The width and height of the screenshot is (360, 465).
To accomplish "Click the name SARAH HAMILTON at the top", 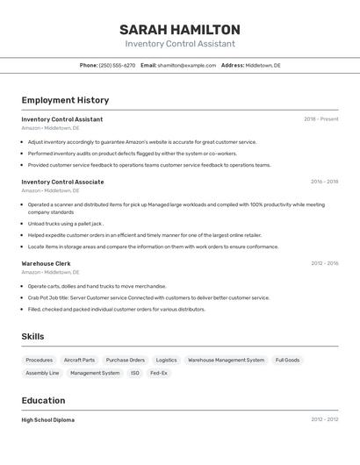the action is pos(180,30).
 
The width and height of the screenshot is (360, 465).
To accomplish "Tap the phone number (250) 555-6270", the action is pos(117,65).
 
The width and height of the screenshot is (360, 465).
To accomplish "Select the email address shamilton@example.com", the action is pos(186,65).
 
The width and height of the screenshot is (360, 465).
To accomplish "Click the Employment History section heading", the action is pos(65,100).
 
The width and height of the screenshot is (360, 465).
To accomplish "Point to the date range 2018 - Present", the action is pos(320,119).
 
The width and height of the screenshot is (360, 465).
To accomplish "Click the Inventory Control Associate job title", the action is pos(62,182).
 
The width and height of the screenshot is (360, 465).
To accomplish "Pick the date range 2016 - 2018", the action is pos(324,182).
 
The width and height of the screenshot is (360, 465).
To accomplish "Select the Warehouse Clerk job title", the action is pos(46,263).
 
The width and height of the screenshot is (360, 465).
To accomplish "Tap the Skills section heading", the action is pos(32,337).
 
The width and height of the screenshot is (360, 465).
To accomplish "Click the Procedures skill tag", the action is pos(39,360).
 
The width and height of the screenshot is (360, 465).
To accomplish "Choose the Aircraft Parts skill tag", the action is pos(79,360).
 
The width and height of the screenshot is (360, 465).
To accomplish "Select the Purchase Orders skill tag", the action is pos(125,360).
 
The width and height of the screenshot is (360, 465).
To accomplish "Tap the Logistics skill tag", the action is pos(166,360).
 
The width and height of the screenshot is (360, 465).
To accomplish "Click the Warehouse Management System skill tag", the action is pos(226,360).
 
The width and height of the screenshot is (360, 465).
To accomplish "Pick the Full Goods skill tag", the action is pos(287,360).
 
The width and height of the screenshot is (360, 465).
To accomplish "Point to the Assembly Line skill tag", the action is pos(42,373).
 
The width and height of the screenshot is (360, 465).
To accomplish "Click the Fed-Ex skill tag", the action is pos(158,373).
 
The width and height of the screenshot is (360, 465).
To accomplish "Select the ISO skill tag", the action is pos(135,373).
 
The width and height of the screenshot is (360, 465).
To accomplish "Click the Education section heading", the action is pos(42,401).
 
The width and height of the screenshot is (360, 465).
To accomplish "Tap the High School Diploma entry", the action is pos(47,420).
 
